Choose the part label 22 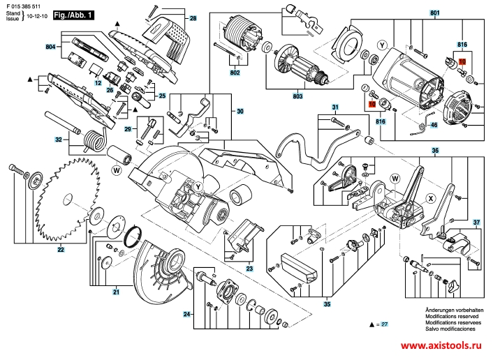61,249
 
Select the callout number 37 477,223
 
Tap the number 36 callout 434,151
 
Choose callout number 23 250,269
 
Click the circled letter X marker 430,198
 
